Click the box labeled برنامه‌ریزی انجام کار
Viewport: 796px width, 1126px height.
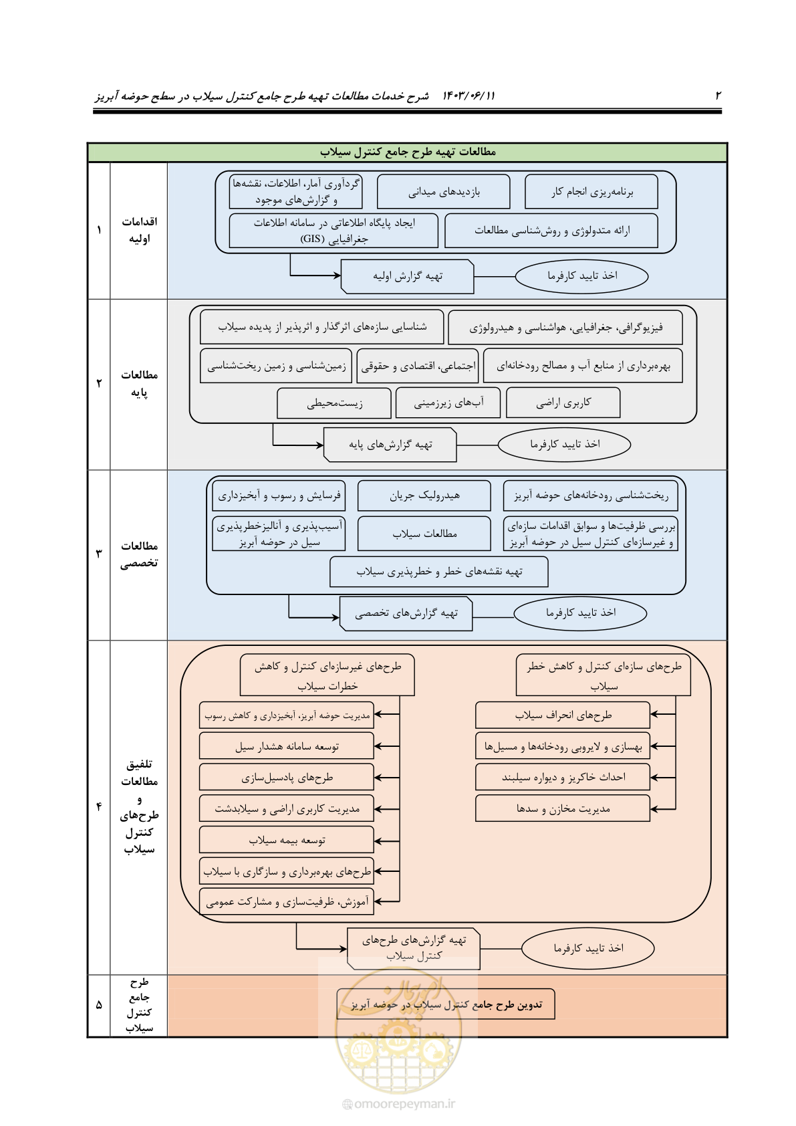[x=591, y=191]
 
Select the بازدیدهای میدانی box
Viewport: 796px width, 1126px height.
[x=443, y=191]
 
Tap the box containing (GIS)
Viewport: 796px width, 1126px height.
[x=334, y=231]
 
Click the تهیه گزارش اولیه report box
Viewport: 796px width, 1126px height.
[x=407, y=276]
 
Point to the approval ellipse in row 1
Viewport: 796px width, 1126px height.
[x=581, y=276]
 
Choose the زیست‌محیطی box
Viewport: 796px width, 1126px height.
[x=334, y=403]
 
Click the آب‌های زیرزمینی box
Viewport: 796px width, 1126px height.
[x=448, y=403]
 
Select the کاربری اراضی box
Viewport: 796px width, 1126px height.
[x=563, y=403]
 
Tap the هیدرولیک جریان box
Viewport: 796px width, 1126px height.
[x=424, y=495]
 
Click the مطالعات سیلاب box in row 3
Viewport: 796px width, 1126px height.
[x=424, y=534]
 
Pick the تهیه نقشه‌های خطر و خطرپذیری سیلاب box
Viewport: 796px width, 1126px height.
[x=438, y=572]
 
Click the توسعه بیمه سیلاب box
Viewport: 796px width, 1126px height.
[x=287, y=840]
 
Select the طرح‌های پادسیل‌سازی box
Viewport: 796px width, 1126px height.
[x=287, y=778]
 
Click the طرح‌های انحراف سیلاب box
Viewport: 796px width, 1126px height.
[x=562, y=715]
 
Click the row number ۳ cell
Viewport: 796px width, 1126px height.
[x=99, y=554]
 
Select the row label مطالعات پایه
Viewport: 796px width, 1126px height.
[x=139, y=384]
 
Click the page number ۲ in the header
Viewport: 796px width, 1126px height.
[x=718, y=96]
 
